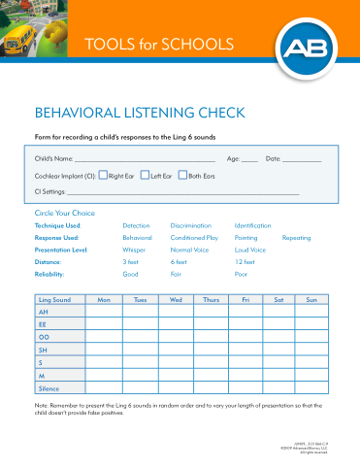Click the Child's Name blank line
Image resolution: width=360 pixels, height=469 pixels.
(x=145, y=159)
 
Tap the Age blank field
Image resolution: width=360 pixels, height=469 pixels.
(x=249, y=159)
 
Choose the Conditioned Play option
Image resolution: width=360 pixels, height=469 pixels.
(x=194, y=237)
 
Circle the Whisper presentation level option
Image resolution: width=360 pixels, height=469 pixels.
(x=133, y=250)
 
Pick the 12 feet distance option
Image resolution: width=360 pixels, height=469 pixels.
(x=245, y=262)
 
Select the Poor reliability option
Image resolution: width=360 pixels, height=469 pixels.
(x=243, y=275)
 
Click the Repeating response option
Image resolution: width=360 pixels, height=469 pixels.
(x=296, y=237)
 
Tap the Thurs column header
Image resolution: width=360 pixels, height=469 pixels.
(x=211, y=300)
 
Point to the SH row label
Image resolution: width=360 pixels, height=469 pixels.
(x=44, y=348)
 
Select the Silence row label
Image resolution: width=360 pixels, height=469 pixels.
(x=49, y=385)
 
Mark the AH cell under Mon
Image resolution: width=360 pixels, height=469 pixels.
(x=104, y=313)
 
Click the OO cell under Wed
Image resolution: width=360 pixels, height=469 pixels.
(x=176, y=336)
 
